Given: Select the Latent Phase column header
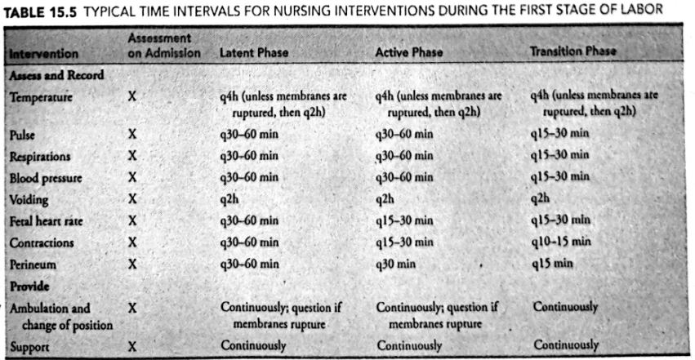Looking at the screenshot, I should pyautogui.click(x=252, y=53).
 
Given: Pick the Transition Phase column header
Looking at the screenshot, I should pyautogui.click(x=573, y=51).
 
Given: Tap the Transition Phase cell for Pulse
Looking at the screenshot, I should pyautogui.click(x=559, y=133).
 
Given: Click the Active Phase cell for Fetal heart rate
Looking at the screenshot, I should pyautogui.click(x=404, y=220).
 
